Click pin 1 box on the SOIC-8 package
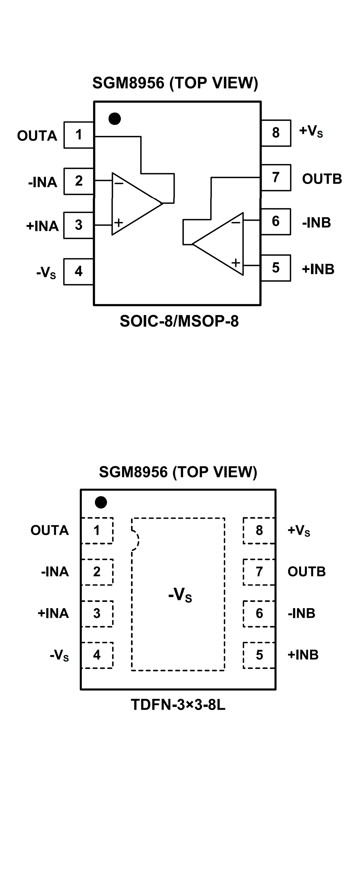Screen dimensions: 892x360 [79, 135]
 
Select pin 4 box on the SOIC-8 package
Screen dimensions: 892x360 [79, 271]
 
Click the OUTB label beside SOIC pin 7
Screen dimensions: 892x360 [322, 179]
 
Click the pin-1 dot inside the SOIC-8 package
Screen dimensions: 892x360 [115, 119]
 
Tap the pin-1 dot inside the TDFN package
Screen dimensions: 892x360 [101, 502]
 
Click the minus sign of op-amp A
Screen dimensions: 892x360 [119, 183]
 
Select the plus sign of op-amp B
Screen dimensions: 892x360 [236, 263]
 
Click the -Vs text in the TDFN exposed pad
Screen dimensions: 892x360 [180, 595]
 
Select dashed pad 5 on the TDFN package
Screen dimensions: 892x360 [259, 655]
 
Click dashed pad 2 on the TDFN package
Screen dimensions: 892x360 [97, 572]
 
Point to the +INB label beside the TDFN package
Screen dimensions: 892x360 [303, 655]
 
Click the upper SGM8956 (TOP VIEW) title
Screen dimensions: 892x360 [175, 83]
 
